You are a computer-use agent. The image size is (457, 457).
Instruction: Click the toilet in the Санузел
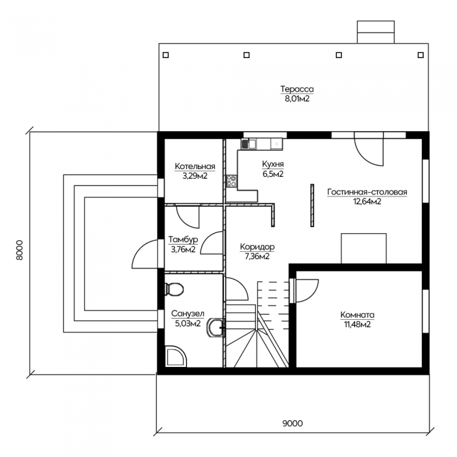174,289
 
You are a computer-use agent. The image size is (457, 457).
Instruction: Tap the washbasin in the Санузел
215,328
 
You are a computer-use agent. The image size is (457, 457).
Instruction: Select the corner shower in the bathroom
176,356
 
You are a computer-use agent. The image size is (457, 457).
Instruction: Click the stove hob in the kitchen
232,181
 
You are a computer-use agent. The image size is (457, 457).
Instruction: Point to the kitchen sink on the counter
249,144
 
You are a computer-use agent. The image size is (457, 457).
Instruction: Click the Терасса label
297,89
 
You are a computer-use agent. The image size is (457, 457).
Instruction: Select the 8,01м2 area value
297,99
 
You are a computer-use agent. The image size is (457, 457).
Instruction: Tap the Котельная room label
195,166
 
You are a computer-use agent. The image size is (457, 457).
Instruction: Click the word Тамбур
183,240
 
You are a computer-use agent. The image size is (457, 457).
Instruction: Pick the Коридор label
257,247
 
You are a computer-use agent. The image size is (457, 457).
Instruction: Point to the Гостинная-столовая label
367,192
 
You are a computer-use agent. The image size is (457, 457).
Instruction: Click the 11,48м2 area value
357,324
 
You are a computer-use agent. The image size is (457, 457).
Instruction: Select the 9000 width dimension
292,423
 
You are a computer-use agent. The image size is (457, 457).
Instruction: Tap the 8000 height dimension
19,250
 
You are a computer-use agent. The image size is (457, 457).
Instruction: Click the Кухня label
273,165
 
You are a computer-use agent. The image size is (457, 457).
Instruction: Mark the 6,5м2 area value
273,174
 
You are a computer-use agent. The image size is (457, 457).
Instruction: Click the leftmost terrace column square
166,55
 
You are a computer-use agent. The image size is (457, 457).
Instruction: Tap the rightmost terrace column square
420,55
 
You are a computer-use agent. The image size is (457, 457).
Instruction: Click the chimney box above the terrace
375,32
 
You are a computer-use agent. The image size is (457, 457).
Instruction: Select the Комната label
357,315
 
